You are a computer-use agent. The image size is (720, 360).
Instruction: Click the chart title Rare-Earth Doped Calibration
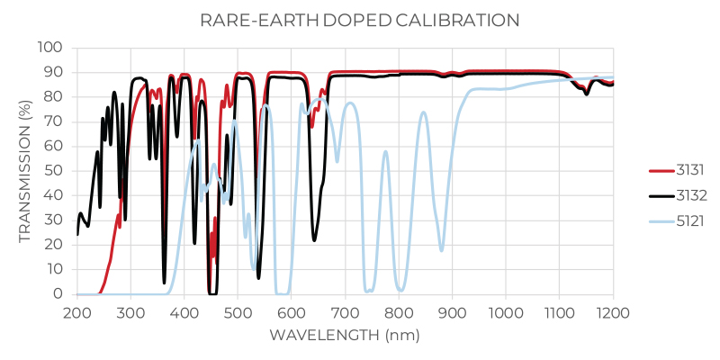[x=360, y=19]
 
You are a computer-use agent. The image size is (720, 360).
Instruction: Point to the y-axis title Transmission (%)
[x=24, y=171]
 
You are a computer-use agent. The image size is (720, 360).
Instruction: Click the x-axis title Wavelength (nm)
[x=345, y=336]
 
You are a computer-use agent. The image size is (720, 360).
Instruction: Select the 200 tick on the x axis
[x=77, y=311]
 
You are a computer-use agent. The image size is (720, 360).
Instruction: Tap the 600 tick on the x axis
[x=292, y=311]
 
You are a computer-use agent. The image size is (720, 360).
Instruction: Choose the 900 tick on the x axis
[x=453, y=311]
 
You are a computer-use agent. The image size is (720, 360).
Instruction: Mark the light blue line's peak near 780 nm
[x=386, y=152]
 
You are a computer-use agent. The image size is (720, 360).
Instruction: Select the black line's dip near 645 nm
[x=314, y=239]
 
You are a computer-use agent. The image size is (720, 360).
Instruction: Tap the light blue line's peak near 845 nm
[x=423, y=112]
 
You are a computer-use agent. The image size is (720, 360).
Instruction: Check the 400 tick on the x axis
[x=184, y=311]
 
